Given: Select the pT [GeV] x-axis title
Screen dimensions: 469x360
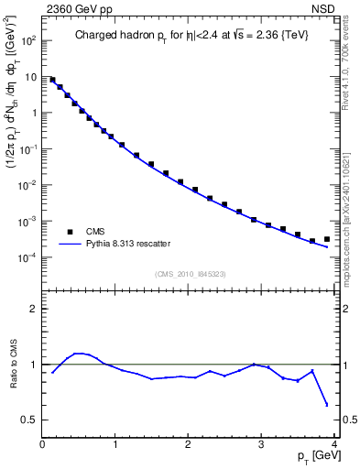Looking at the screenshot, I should pyautogui.click(x=313, y=455).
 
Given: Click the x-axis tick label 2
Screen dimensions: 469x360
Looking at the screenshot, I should pyautogui.click(x=188, y=443).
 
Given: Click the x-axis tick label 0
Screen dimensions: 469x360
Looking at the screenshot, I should pyautogui.click(x=42, y=443).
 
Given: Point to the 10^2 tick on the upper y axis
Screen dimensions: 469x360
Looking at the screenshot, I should pyautogui.click(x=29, y=41).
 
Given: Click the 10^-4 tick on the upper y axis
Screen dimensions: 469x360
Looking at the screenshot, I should pyautogui.click(x=27, y=257).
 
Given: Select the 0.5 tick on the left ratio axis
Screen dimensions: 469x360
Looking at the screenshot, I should pyautogui.click(x=27, y=420).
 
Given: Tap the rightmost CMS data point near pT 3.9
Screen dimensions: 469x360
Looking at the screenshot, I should pyautogui.click(x=326, y=239).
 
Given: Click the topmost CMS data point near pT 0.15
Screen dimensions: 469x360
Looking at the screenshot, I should pyautogui.click(x=53, y=80).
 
